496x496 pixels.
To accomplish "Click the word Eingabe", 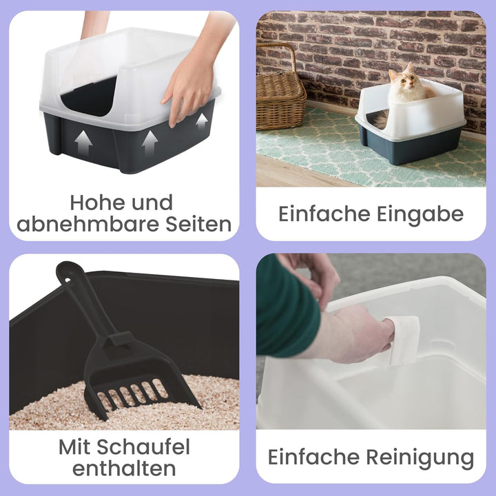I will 420,214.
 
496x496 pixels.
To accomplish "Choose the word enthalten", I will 124,469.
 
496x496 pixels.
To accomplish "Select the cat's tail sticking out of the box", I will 378,121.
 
